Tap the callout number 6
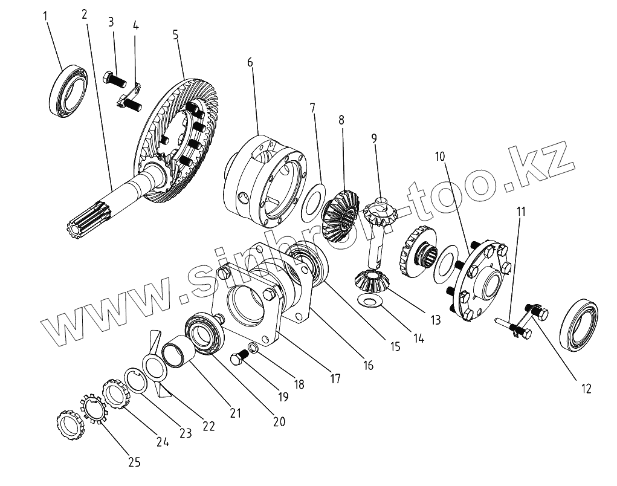pyautogui.click(x=250, y=62)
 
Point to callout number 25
pyautogui.click(x=134, y=462)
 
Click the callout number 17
pyautogui.click(x=335, y=379)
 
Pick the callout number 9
pyautogui.click(x=374, y=138)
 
